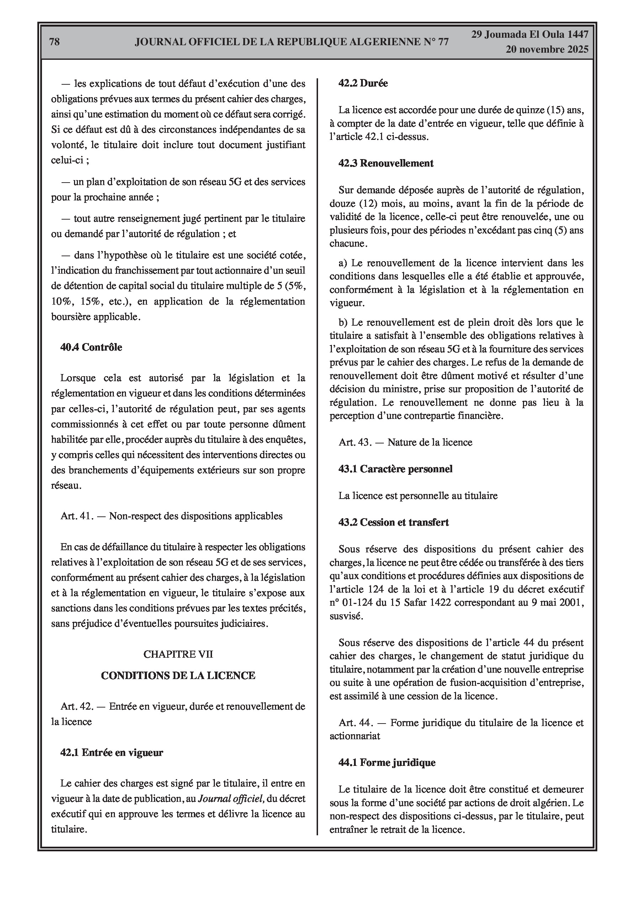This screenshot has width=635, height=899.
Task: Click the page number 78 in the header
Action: coord(54,42)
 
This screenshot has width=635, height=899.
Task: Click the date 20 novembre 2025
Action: coord(546,49)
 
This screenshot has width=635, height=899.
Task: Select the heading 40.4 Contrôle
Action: coord(91,347)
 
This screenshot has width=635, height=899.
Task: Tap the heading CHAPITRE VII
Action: coord(178,654)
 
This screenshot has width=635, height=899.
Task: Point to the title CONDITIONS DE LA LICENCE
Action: coord(178,675)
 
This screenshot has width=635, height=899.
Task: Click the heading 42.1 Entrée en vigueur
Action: coord(112,753)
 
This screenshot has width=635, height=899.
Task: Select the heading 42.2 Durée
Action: coord(363,83)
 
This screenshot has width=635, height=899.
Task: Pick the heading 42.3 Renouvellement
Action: coord(386,163)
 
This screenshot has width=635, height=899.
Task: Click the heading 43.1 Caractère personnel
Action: coord(395,469)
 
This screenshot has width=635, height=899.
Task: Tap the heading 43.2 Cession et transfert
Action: coord(393,522)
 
